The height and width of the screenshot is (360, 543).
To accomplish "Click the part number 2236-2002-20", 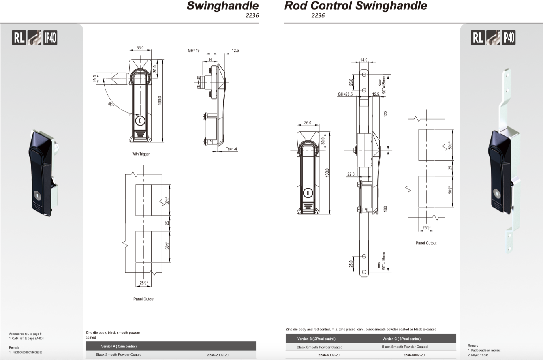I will coord(218,355).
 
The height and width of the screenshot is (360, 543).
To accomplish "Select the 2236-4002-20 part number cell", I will coord(329,355).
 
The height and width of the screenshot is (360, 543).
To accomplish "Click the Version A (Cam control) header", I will coord(119,347).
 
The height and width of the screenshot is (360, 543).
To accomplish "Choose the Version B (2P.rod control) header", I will coord(316,339).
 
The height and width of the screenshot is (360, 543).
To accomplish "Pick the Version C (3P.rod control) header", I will coord(401,339).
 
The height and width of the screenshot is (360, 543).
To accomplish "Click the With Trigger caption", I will coord(141,154).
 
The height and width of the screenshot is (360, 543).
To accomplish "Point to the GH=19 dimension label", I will coord(194,51).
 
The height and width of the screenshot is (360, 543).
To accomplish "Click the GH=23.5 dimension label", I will coord(345,94).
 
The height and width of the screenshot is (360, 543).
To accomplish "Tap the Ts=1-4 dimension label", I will coord(232,149).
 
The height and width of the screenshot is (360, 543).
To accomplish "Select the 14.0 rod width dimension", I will coord(363,60).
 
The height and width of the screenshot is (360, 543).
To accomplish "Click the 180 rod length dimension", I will coord(385,208).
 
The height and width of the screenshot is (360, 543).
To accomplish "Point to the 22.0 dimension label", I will coord(351,174).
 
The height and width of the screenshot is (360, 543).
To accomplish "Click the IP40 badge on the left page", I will coord(50,38).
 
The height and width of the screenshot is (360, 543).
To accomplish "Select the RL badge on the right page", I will coord(478,38).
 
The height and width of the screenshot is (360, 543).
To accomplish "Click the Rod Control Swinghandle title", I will coord(355,6).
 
